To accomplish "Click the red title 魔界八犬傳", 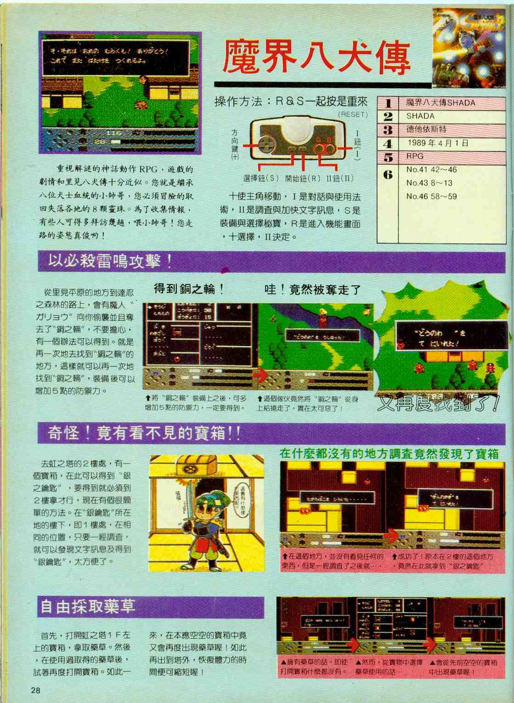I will pos(316,58).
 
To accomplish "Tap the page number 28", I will pos(36,690).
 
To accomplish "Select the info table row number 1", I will pos(388,103).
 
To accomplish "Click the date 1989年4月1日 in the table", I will pos(438,143).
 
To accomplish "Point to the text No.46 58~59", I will pos(432,196).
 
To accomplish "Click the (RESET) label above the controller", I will pos(352,114).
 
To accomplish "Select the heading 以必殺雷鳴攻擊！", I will pos(110,262).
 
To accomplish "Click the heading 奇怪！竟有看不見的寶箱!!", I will pos(144,433).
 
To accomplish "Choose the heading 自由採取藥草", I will pos(88,606).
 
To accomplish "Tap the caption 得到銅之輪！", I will pos(189,289).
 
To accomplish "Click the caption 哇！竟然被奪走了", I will pos(313,289).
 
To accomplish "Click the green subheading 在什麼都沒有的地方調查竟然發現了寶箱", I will pos(389,454).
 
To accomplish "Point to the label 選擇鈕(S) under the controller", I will pos(261,179).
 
